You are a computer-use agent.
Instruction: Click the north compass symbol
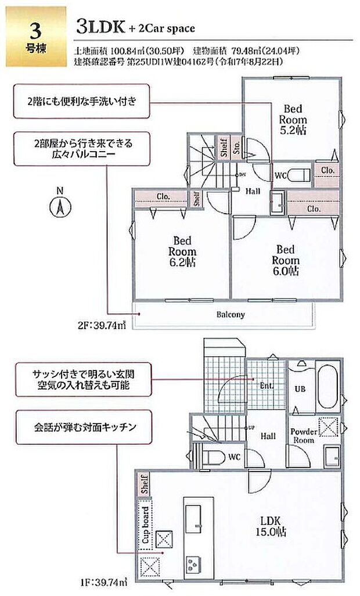59,207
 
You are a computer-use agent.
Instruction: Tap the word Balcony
231,315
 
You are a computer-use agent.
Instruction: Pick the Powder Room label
303,436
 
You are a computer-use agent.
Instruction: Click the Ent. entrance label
267,385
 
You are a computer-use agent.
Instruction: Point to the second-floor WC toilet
299,175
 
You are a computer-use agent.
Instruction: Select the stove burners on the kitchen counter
191,563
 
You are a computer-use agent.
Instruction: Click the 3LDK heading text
95,27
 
